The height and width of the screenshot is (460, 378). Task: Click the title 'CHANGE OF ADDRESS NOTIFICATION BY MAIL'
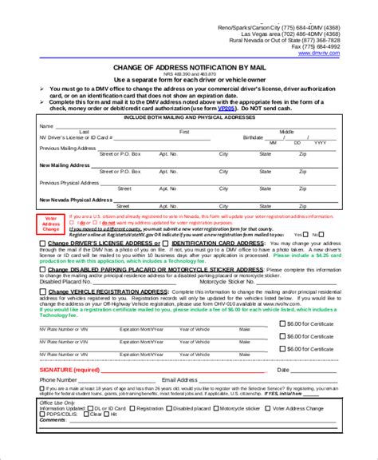tap(188, 68)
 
